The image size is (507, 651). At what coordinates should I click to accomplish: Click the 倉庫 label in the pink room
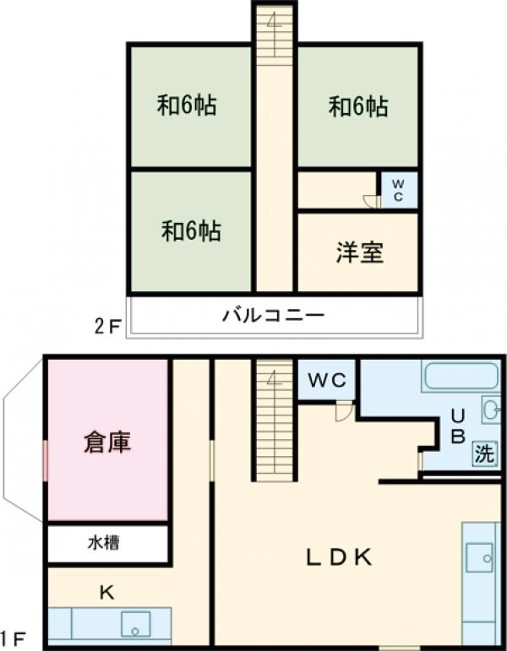point(107,442)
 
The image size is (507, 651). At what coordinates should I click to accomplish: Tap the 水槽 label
point(106,543)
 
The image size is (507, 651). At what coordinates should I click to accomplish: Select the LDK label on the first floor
point(338,556)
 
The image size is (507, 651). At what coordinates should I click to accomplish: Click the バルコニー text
point(273,317)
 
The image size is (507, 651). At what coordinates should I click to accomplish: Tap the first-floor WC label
point(327,381)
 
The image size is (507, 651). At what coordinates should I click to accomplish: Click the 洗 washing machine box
point(483,453)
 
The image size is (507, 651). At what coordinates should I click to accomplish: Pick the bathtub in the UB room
point(461,376)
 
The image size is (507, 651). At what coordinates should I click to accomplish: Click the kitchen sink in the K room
point(134,625)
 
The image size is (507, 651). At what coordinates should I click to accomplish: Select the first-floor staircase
point(273,420)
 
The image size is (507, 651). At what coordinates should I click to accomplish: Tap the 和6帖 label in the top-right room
point(358,107)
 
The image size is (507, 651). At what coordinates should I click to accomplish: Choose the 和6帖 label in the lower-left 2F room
point(191,231)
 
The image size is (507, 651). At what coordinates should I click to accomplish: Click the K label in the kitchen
point(107,593)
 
